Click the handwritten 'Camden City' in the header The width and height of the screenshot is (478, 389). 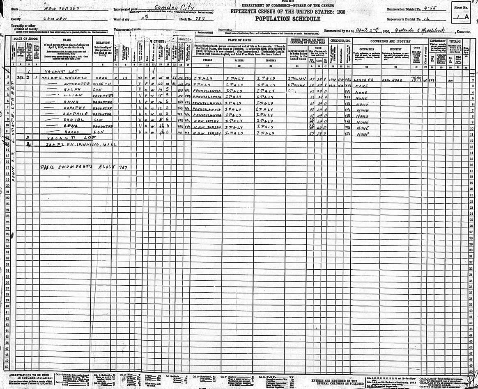pos(175,8)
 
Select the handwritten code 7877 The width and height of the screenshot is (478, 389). pos(417,77)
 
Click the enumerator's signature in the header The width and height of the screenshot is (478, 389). pos(423,30)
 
